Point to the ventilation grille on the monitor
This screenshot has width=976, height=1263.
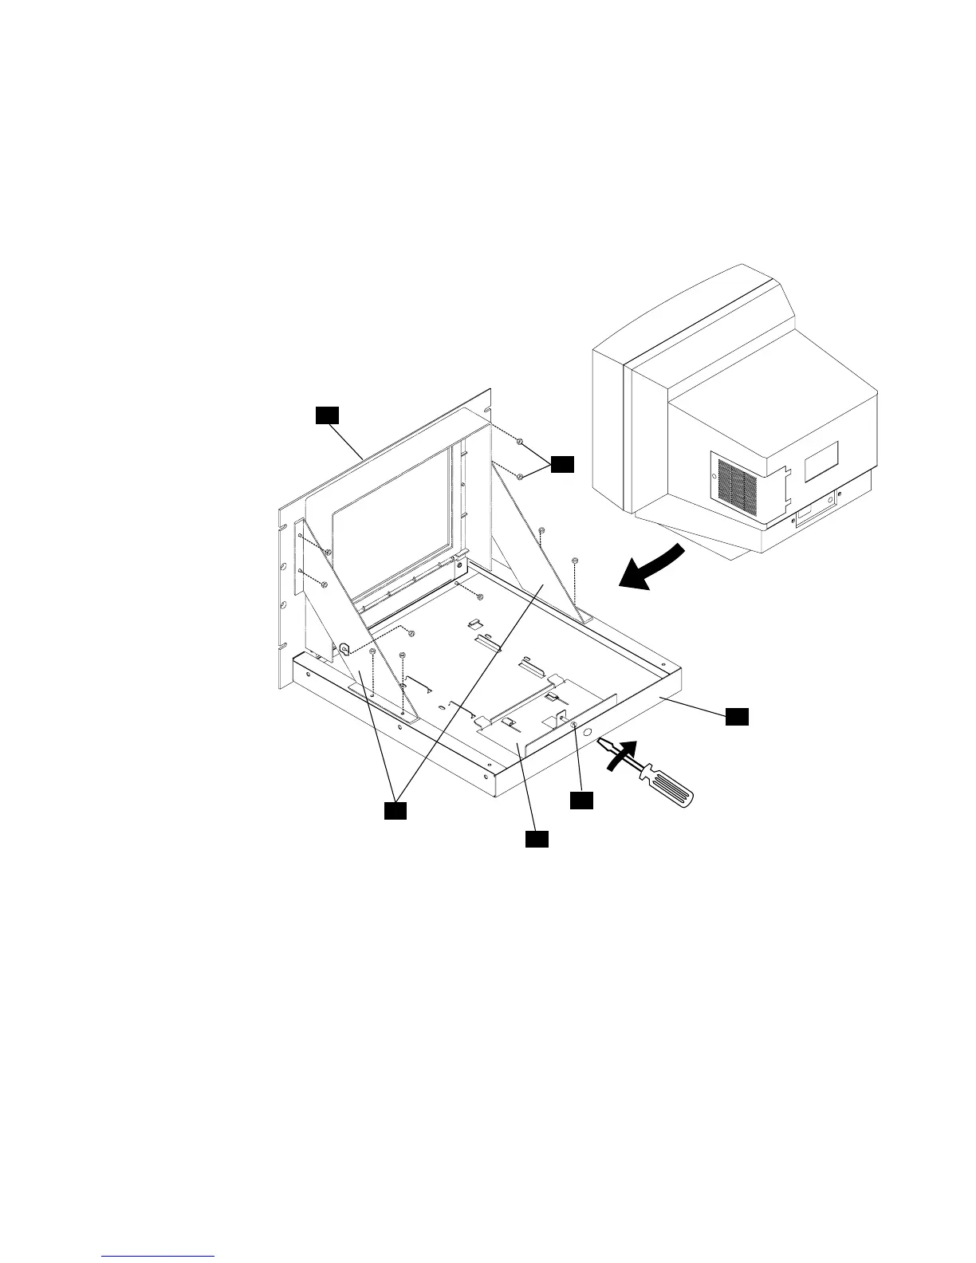coord(731,488)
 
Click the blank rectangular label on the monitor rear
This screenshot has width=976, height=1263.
coord(821,461)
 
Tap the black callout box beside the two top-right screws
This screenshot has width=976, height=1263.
coord(563,464)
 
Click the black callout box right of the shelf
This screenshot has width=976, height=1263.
coord(737,717)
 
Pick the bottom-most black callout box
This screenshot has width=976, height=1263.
coord(536,839)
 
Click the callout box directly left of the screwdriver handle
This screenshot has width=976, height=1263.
coord(582,800)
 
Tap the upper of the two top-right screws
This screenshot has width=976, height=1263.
coord(519,441)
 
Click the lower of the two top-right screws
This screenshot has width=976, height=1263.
coord(519,477)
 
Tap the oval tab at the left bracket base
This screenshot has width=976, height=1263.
coord(344,649)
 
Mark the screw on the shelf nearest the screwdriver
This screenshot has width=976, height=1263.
coord(573,723)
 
